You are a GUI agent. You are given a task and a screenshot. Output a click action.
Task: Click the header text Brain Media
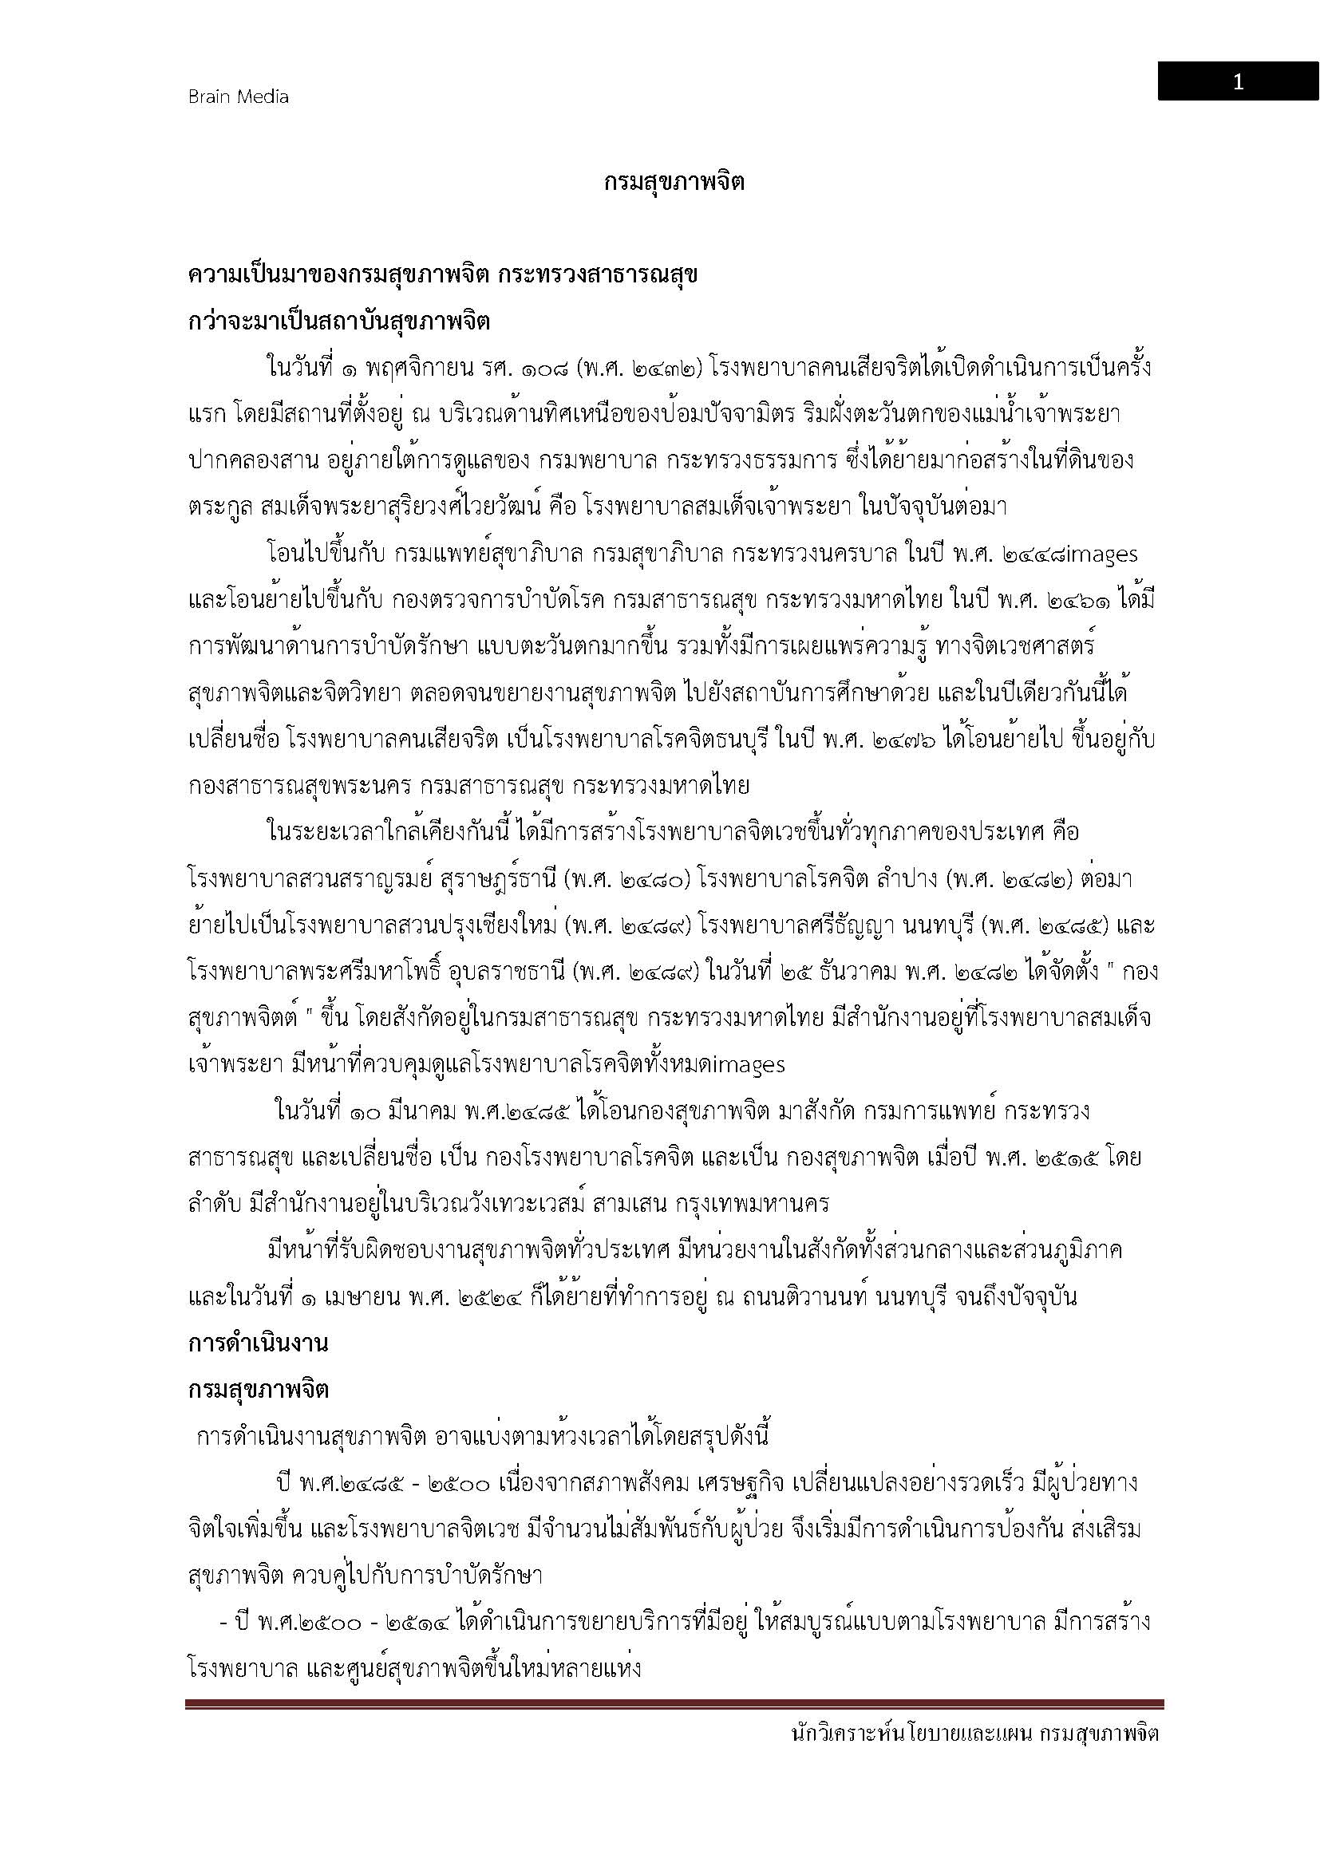(x=238, y=97)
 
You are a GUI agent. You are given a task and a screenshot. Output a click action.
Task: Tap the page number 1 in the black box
(x=1237, y=82)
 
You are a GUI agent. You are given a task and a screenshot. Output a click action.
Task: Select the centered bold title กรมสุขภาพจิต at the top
(x=674, y=182)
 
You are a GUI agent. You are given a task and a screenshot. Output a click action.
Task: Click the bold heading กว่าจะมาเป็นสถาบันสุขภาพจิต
(x=339, y=321)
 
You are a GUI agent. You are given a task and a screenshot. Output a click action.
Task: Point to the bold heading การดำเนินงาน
(x=258, y=1343)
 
